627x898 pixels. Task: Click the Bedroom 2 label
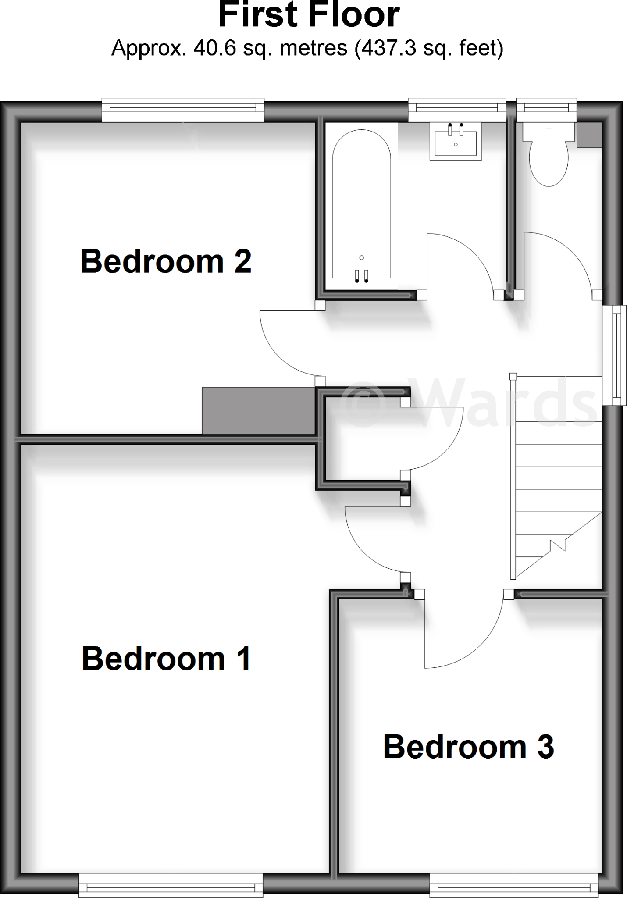click(166, 261)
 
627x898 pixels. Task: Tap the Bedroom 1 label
click(166, 659)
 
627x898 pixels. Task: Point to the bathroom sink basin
click(456, 141)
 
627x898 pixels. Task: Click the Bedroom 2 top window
click(183, 110)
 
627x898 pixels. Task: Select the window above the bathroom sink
click(456, 110)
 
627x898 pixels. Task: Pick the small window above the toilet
click(546, 110)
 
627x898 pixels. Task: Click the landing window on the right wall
click(614, 355)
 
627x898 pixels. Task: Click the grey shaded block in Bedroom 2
click(258, 410)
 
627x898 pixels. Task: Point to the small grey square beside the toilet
click(589, 135)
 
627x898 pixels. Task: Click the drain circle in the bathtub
click(361, 257)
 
